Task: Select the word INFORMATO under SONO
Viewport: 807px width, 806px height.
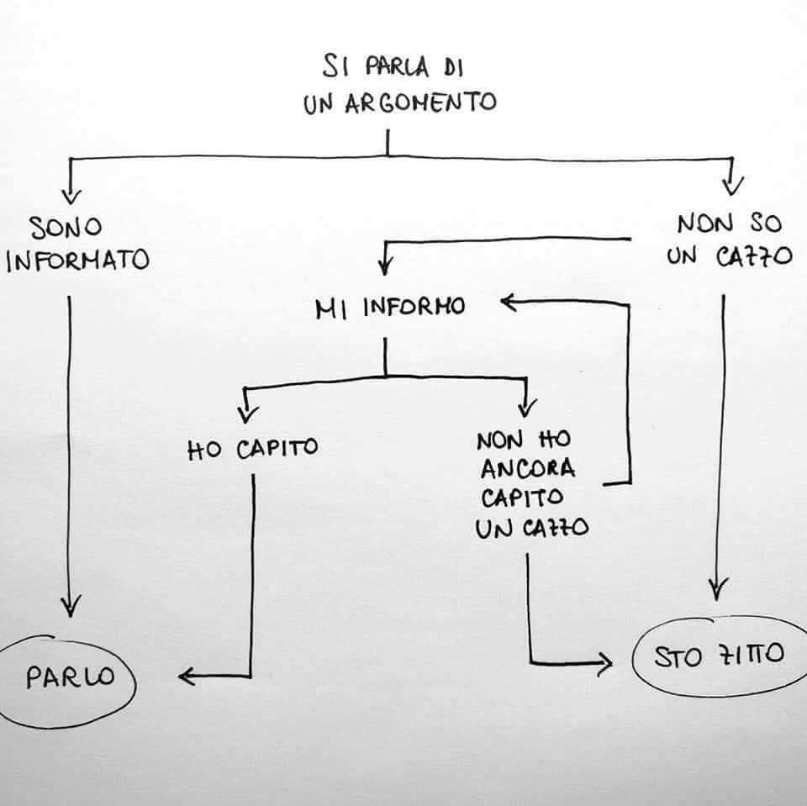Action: pos(77,261)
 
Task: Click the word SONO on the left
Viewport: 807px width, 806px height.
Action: pos(66,227)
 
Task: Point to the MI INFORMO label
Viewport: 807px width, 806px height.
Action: pos(390,308)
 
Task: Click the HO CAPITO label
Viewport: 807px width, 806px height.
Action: pos(252,448)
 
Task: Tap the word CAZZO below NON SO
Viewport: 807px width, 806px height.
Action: pos(754,257)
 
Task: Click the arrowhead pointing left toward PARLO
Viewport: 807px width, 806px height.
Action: pos(187,676)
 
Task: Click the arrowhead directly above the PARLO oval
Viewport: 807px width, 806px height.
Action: pos(71,607)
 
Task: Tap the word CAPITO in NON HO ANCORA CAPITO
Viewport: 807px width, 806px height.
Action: pos(522,498)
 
